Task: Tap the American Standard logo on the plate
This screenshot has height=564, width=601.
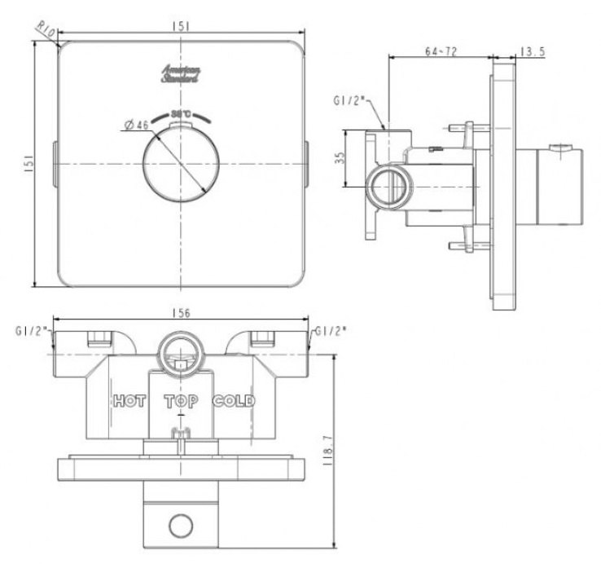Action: coord(181,73)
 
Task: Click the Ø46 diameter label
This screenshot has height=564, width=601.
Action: coord(135,125)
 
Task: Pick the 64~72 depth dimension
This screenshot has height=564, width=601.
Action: coord(441,51)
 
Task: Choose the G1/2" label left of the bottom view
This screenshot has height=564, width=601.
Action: coord(32,331)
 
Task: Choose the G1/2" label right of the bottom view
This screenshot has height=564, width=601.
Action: coord(331,331)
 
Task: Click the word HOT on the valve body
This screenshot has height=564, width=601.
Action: coord(129,401)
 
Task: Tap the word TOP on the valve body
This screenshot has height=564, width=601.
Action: coord(181,401)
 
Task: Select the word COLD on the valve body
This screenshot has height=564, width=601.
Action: coord(234,401)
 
